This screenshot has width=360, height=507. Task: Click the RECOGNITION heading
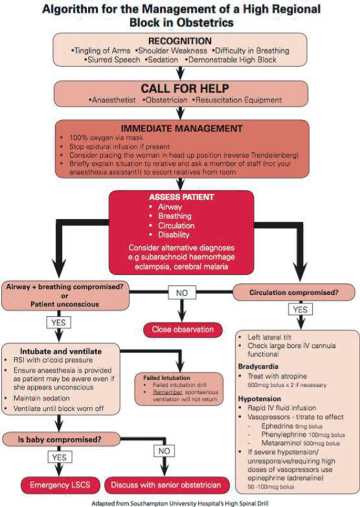pos(180,42)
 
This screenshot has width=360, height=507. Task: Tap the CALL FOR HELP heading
pos(180,89)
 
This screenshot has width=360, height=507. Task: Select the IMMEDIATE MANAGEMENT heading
pos(180,128)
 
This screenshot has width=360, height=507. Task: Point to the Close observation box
pos(183,329)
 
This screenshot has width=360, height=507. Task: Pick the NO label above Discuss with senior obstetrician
pos(164,450)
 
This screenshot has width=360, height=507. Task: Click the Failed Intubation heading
pos(162,378)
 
